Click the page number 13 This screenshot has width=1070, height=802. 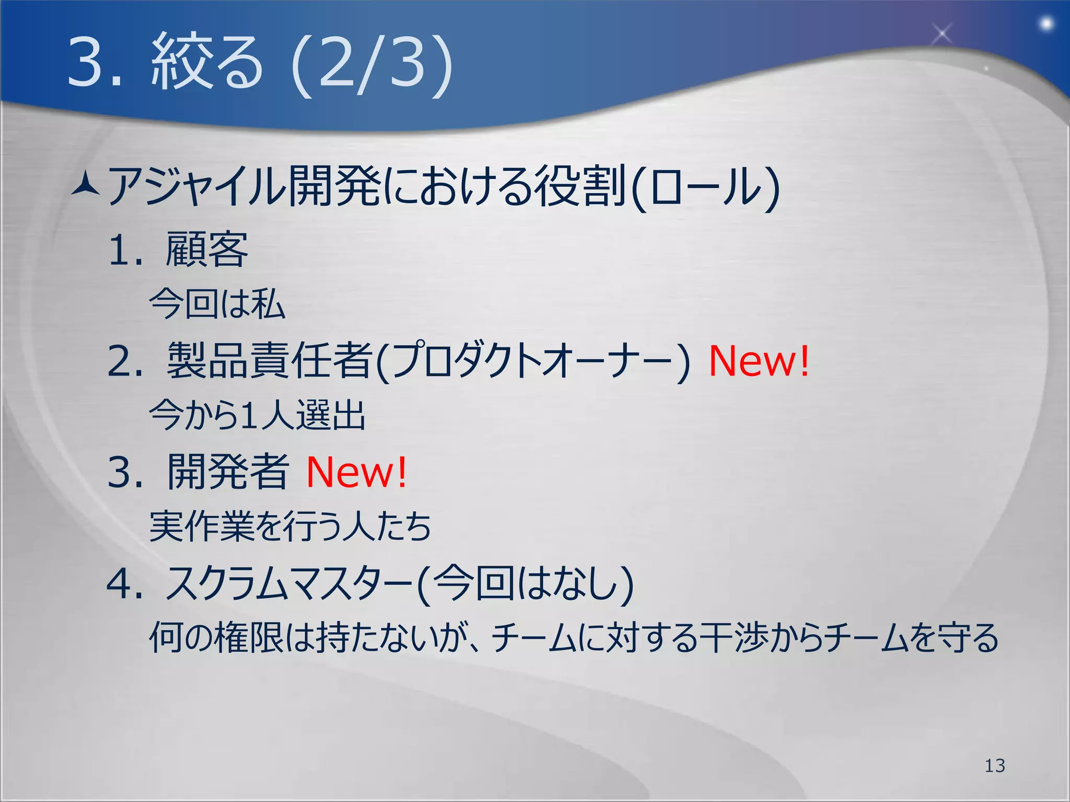click(x=995, y=765)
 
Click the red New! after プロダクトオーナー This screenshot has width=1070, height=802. click(x=759, y=361)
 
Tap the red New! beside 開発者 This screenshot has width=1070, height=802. click(x=356, y=472)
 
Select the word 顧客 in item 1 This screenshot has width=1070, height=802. click(x=207, y=250)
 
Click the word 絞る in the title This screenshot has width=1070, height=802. click(x=206, y=63)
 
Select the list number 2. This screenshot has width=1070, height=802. click(x=124, y=361)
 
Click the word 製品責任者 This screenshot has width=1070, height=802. click(x=270, y=361)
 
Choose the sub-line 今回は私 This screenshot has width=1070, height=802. click(x=217, y=304)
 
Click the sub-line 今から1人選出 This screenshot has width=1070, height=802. click(x=257, y=416)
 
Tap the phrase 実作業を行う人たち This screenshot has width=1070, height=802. click(x=290, y=526)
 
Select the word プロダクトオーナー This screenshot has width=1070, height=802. click(x=533, y=361)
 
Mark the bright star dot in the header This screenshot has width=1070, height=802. click(x=1046, y=23)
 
